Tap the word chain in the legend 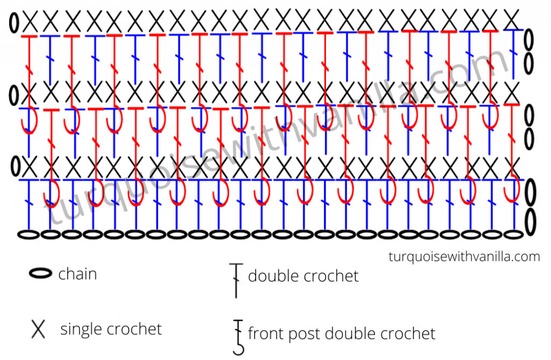77,274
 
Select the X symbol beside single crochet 38,329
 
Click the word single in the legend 82,329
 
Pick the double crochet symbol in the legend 235,280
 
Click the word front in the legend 265,334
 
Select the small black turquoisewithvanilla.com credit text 463,257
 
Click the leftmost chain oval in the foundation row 29,235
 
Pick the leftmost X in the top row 30,23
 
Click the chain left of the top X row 13,23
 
